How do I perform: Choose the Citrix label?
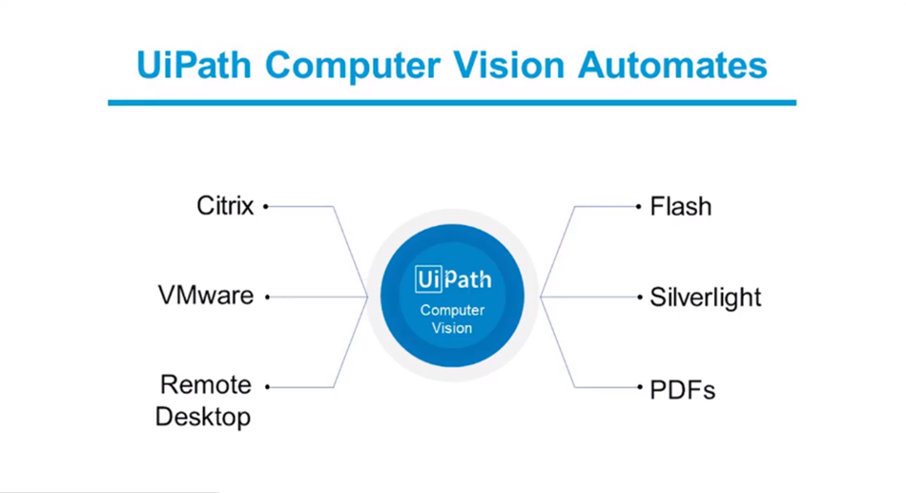(225, 206)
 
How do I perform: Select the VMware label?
(206, 296)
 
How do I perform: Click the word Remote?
(206, 385)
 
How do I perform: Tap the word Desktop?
(203, 417)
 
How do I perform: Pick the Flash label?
(681, 206)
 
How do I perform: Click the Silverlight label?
(706, 297)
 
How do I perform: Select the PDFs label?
(683, 389)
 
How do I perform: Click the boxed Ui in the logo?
(428, 280)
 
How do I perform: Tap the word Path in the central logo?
(467, 280)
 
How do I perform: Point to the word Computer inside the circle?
(452, 311)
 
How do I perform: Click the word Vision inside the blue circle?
(452, 328)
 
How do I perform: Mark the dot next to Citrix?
(266, 206)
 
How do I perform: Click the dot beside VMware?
(267, 297)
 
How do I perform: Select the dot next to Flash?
(639, 206)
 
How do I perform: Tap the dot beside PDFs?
(639, 387)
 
